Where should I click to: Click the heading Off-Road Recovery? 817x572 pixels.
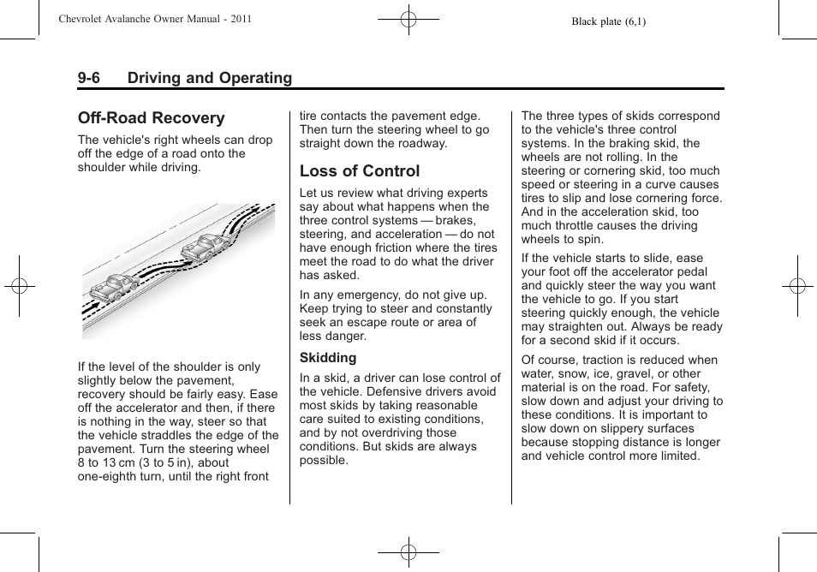(151, 118)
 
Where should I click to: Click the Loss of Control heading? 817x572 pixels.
(360, 171)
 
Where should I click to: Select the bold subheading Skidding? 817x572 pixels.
(328, 358)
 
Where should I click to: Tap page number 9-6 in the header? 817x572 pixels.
(89, 78)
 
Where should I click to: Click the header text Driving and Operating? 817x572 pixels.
(210, 78)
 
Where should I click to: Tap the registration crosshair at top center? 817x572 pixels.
(408, 18)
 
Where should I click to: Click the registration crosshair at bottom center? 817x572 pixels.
(408, 553)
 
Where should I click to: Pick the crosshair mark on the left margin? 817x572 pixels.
(19, 286)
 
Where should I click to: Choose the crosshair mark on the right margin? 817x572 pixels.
(797, 286)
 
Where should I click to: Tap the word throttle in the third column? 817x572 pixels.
(579, 226)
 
